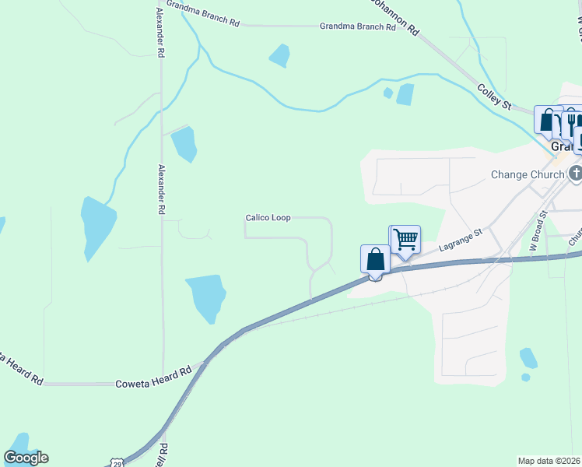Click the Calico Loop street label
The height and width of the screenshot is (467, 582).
268,218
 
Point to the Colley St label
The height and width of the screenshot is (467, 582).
493,97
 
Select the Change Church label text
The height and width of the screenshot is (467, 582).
527,174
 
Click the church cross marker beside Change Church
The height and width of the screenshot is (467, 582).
576,173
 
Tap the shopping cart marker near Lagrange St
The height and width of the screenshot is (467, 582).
405,239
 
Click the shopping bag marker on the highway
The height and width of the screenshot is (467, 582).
375,258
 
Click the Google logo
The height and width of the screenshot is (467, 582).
26,457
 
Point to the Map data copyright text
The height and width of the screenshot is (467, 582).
549,461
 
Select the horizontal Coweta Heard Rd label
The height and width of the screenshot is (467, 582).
153,384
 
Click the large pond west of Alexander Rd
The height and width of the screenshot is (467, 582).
97,225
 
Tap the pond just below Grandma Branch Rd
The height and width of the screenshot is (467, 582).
279,55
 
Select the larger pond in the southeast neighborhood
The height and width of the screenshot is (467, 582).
528,357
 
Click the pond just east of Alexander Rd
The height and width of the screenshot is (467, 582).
184,144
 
